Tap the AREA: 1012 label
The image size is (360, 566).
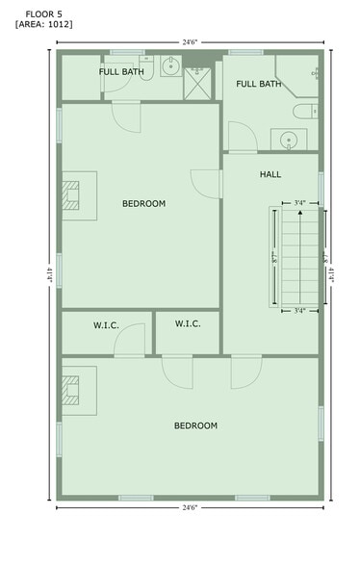43,24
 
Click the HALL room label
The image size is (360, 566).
270,174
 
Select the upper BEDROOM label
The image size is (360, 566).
144,203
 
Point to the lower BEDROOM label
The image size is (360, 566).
195,425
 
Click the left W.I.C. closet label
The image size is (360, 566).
106,325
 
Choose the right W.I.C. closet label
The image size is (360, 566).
188,324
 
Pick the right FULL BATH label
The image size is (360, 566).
258,85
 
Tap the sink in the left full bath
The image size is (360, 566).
170,66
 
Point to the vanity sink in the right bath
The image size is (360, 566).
288,141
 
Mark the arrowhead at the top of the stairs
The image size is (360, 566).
299,212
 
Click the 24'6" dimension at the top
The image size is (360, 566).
190,41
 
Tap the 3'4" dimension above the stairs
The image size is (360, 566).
299,202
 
